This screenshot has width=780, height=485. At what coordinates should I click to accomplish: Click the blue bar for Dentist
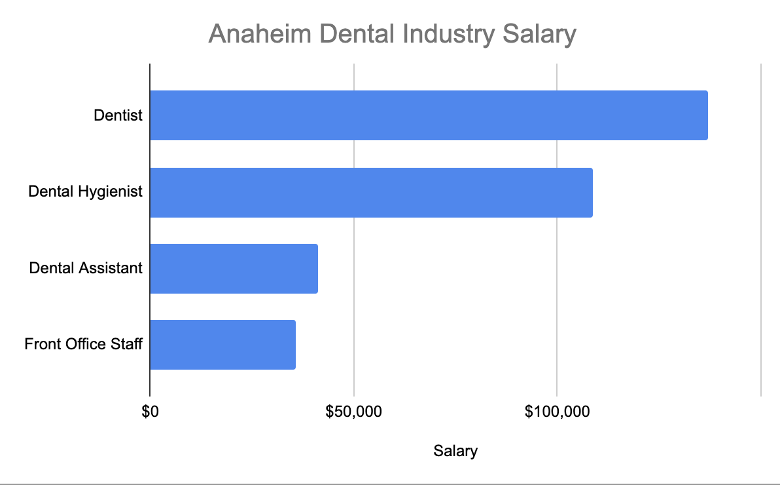point(429,115)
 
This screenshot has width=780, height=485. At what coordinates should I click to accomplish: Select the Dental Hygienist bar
point(371,192)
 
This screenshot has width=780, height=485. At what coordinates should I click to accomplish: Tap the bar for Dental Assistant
point(234,269)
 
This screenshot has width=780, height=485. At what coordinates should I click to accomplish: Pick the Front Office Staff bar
point(222,345)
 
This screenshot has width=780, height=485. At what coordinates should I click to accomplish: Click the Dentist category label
point(118,115)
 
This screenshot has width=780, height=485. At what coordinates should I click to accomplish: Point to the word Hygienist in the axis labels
point(111,192)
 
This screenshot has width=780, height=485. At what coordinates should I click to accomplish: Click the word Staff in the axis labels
point(128,344)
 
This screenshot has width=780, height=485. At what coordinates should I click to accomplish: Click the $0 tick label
point(151,412)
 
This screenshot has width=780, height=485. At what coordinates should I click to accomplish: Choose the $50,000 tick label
point(353,412)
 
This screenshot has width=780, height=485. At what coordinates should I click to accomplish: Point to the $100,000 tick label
point(557,412)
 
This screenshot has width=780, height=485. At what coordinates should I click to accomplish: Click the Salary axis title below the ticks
point(455,451)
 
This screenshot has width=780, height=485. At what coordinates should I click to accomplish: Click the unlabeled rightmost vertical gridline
point(761,229)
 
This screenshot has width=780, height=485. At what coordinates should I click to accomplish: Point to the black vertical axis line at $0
point(150,229)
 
